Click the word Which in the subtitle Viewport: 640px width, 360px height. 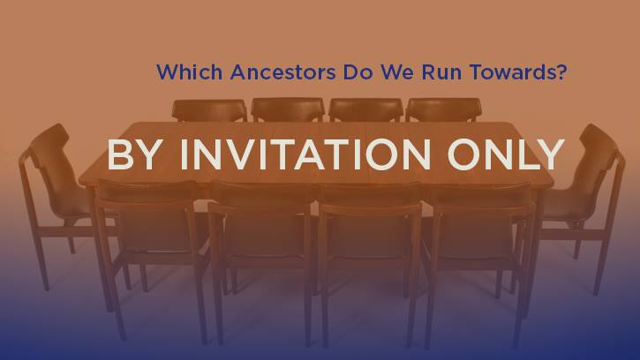coord(190,71)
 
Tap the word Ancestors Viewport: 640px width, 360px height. coord(282,71)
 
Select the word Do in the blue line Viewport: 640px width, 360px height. coord(358,71)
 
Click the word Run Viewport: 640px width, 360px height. coord(441,71)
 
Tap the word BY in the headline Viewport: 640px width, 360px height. coord(132,154)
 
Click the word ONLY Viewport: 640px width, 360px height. coord(506,154)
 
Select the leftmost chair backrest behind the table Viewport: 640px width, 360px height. coord(209,110)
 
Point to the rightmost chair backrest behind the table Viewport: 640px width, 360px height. coord(444,109)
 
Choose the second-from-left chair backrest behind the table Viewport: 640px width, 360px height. coord(288,109)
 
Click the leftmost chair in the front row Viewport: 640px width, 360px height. coord(149,253)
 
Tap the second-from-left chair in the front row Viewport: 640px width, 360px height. coord(261,257)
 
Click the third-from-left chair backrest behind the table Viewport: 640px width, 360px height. coord(365,109)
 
